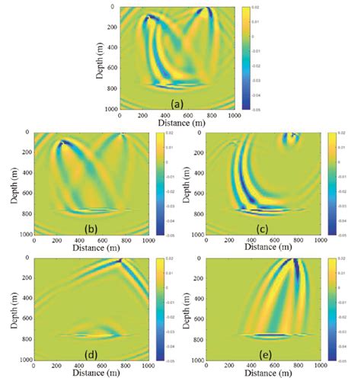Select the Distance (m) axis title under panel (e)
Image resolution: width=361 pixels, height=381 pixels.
tap(263, 375)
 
